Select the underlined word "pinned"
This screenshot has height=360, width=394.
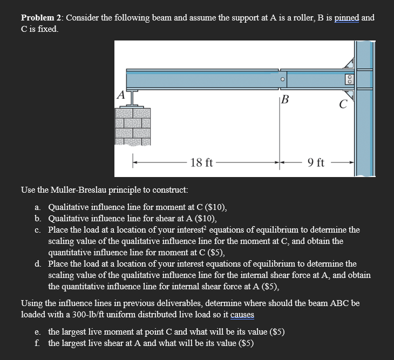347,18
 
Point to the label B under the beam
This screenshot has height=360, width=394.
285,100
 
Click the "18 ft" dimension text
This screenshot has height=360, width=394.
202,162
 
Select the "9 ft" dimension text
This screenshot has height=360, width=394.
316,162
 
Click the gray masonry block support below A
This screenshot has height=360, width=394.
132,127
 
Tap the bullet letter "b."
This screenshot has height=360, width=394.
38,219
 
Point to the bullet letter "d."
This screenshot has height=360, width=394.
38,263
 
